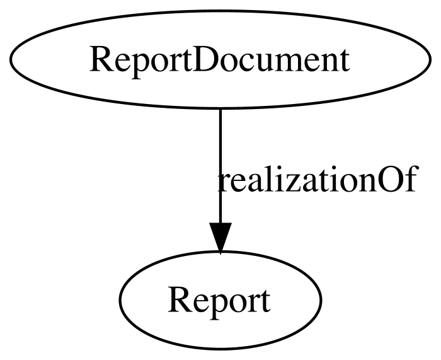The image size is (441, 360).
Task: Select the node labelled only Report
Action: (x=220, y=300)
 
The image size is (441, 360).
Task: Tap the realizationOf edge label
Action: (x=317, y=178)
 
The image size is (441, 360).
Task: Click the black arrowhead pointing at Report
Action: (x=220, y=238)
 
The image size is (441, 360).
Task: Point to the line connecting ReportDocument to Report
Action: (x=220, y=166)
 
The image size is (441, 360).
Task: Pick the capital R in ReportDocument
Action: (x=100, y=60)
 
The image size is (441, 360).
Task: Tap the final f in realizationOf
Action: (x=409, y=179)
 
